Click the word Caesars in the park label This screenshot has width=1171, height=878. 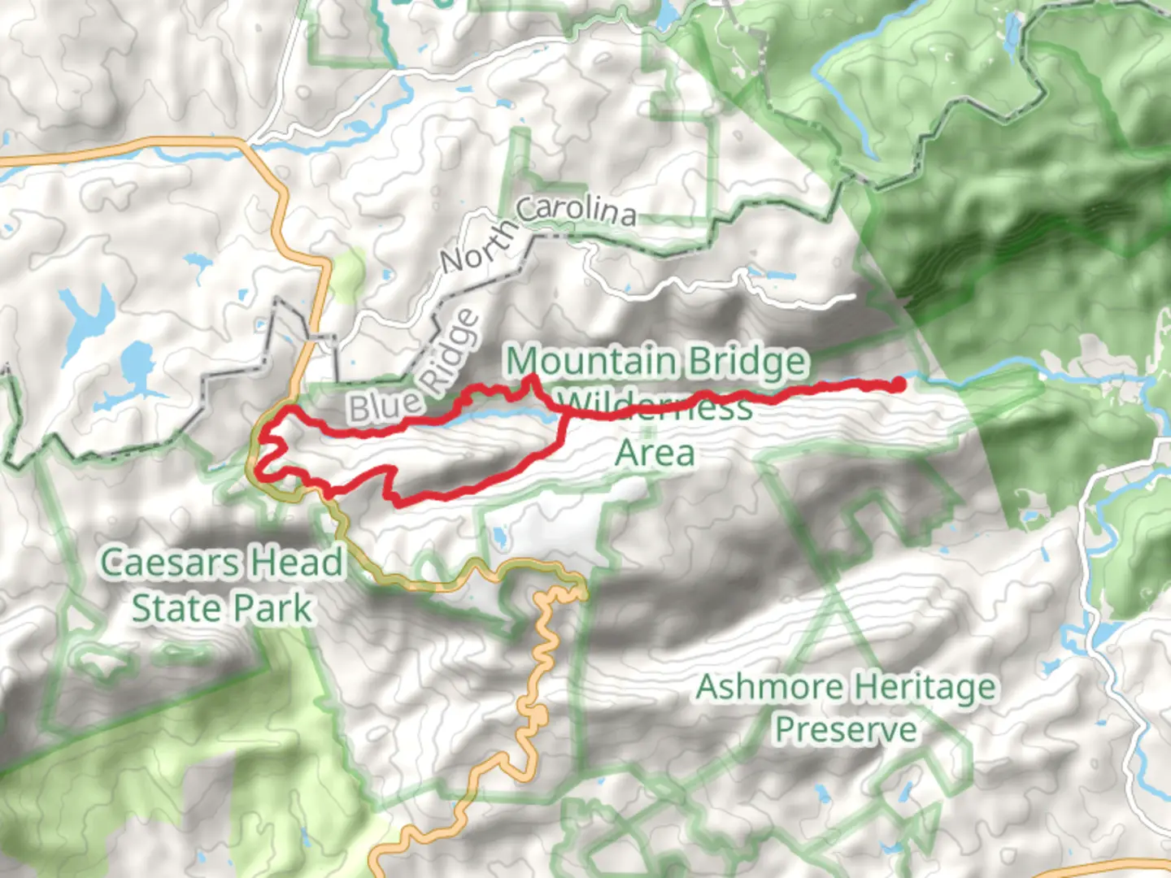(169, 563)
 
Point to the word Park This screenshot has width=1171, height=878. (272, 608)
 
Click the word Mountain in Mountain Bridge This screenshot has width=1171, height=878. (590, 362)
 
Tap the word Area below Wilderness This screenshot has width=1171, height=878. (655, 453)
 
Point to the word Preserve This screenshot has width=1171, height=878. (845, 729)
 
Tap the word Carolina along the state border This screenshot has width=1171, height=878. (576, 210)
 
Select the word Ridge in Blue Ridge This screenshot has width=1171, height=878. (451, 350)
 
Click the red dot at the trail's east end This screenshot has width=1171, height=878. (898, 385)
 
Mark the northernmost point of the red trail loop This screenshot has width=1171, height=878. (533, 377)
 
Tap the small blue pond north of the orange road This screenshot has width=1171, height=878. (498, 537)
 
